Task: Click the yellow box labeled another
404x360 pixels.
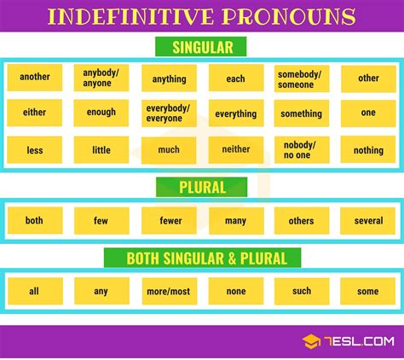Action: (34, 78)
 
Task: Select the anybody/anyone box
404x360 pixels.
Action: (101, 78)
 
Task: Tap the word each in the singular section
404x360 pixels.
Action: (235, 78)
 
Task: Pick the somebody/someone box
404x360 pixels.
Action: (302, 78)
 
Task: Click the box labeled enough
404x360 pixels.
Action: (101, 113)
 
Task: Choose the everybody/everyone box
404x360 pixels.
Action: (169, 113)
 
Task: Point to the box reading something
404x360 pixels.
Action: (302, 113)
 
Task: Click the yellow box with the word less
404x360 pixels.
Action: (34, 150)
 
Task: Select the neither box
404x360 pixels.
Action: (235, 150)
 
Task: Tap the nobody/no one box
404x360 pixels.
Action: (302, 150)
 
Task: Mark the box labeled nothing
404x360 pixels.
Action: (368, 150)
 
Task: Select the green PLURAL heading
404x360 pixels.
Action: (202, 188)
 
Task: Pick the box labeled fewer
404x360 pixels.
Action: (169, 221)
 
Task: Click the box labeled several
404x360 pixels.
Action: (368, 221)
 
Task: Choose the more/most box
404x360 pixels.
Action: (169, 292)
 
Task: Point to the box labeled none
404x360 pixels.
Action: (235, 292)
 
